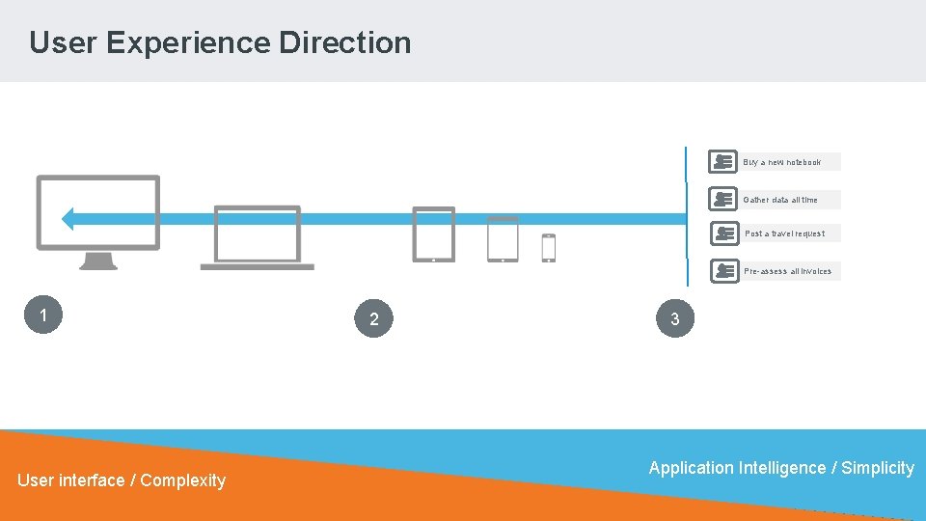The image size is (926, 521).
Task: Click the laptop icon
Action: tap(257, 237)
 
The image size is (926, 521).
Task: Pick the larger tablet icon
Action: tap(433, 234)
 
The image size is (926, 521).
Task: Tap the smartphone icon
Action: tap(548, 248)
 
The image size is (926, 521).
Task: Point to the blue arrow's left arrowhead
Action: tap(68, 219)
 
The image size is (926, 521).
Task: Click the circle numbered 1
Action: tap(43, 315)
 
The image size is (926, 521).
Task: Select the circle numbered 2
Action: tap(373, 319)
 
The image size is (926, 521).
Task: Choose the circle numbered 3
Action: tap(674, 318)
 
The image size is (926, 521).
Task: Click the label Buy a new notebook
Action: tap(782, 162)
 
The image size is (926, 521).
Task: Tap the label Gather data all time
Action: tap(780, 200)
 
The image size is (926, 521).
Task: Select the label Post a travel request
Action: tap(784, 233)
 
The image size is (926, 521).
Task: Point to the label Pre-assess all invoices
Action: tap(787, 271)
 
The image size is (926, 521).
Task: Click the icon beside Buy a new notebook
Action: tap(722, 162)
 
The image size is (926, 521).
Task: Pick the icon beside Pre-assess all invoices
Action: tap(723, 271)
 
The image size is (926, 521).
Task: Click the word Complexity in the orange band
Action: tap(182, 480)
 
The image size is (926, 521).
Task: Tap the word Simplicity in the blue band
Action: tap(877, 468)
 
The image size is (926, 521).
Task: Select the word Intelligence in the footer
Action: tap(781, 468)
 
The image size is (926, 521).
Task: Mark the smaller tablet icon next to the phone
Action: tap(503, 239)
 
